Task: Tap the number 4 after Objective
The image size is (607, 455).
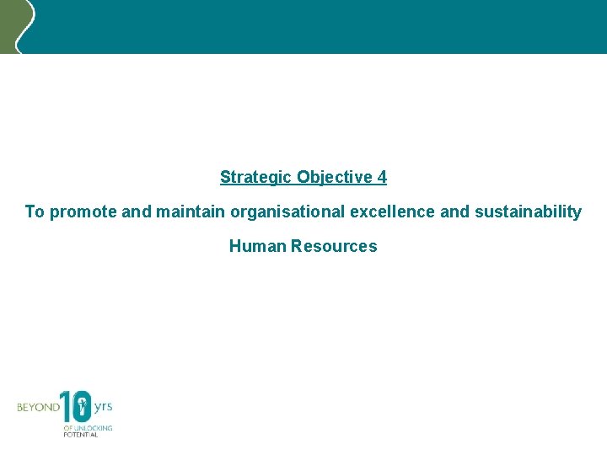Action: pos(382,177)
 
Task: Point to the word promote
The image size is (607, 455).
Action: pos(84,212)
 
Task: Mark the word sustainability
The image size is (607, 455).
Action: pos(528,212)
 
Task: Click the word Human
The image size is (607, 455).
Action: pos(258,247)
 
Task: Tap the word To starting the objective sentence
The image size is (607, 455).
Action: pos(35,211)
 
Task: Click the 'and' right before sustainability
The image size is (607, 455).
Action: pos(455,211)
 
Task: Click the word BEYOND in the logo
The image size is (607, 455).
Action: pos(38,407)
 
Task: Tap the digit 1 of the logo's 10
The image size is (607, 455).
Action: pos(65,406)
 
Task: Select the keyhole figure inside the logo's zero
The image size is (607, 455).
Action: pos(81,409)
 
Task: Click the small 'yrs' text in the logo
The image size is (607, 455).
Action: pos(103,406)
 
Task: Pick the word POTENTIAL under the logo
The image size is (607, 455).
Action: pos(81,433)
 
